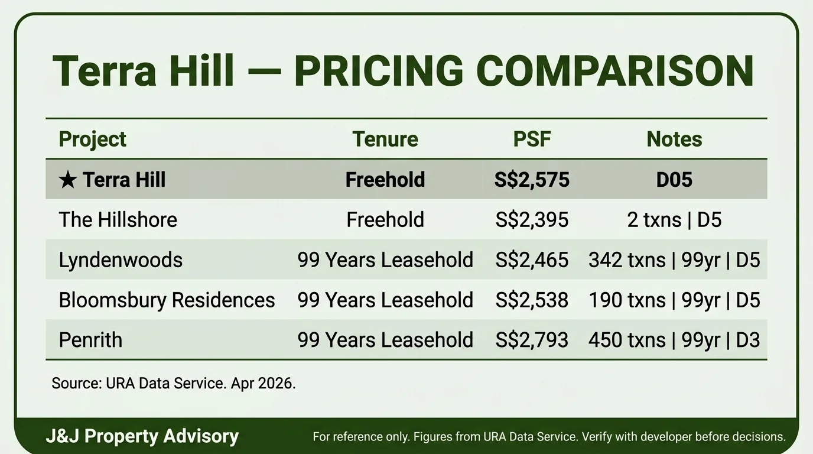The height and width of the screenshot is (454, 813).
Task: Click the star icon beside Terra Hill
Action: tap(67, 180)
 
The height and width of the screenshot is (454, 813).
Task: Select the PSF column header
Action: tap(532, 140)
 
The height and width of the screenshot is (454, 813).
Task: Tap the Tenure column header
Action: tap(385, 140)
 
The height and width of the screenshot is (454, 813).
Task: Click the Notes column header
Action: tap(674, 140)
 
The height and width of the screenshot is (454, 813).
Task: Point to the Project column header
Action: tap(93, 140)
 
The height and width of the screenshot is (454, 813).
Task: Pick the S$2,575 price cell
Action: tap(532, 180)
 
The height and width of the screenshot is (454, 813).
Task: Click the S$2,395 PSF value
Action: tap(532, 220)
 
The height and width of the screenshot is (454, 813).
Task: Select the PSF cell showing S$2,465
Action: tap(532, 260)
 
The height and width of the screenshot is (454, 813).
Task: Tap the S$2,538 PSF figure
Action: tap(532, 300)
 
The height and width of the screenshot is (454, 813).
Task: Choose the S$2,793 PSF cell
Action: tap(532, 340)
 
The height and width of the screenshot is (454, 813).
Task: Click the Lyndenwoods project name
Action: tap(121, 260)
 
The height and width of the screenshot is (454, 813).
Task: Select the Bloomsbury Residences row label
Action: tap(167, 300)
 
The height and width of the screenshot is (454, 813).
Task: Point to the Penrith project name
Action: tap(90, 340)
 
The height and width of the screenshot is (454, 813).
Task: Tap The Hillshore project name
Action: tap(118, 220)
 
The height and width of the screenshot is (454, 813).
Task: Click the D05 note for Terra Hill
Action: tap(674, 180)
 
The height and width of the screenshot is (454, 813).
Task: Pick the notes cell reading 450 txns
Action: tap(674, 340)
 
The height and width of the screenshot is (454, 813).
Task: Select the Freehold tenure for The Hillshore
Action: tap(385, 220)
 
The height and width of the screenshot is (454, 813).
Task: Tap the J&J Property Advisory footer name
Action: tap(142, 437)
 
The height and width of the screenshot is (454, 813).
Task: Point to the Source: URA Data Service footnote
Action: tap(173, 383)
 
